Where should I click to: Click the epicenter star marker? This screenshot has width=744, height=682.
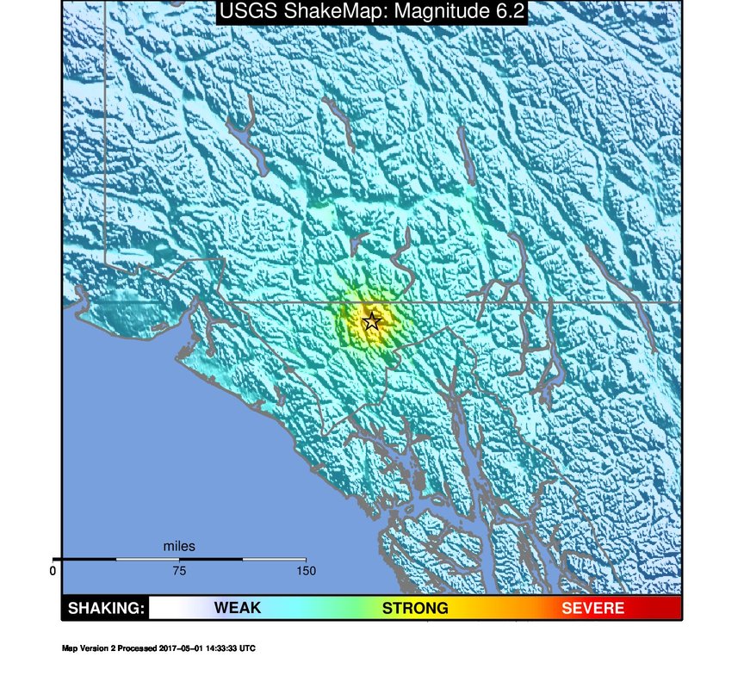point(371,322)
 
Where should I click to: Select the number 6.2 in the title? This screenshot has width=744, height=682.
point(507,12)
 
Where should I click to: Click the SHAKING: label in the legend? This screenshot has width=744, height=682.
point(106,609)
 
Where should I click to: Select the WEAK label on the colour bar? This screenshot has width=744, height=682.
point(237,609)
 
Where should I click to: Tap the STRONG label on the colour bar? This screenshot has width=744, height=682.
point(415,609)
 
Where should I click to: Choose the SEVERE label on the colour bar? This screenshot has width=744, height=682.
point(592,609)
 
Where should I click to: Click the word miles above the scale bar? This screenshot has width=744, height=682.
point(179,546)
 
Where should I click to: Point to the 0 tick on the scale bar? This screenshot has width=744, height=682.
point(53,570)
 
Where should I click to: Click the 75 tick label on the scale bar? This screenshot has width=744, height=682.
point(179,570)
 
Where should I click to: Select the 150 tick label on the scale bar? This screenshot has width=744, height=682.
point(305,570)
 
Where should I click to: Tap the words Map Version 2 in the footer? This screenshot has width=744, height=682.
point(90,648)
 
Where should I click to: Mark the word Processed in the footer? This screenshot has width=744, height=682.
point(138,648)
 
